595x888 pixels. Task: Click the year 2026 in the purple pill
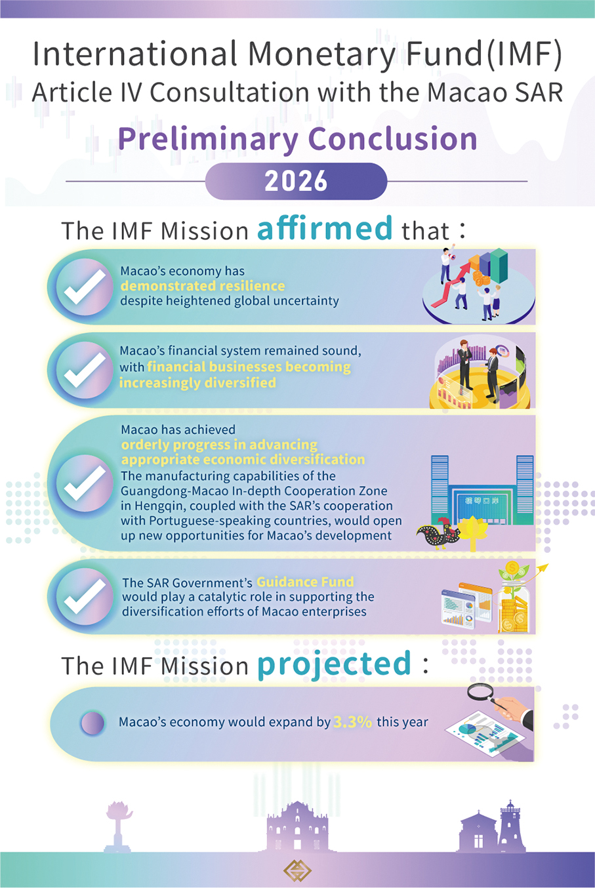[x=296, y=181]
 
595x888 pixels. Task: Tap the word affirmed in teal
[x=325, y=228]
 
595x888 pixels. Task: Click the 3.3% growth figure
[x=352, y=722]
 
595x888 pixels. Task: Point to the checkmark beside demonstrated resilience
[x=85, y=287]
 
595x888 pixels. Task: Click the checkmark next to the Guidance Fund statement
[x=85, y=596]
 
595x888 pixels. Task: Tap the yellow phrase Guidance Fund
[x=305, y=582]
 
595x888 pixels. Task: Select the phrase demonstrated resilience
[x=203, y=286]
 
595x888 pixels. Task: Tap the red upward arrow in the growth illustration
[x=450, y=284]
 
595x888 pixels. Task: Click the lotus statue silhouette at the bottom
[x=118, y=826]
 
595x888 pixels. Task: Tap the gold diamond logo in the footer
[x=297, y=870]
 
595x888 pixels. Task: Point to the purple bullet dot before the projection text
[x=92, y=723]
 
